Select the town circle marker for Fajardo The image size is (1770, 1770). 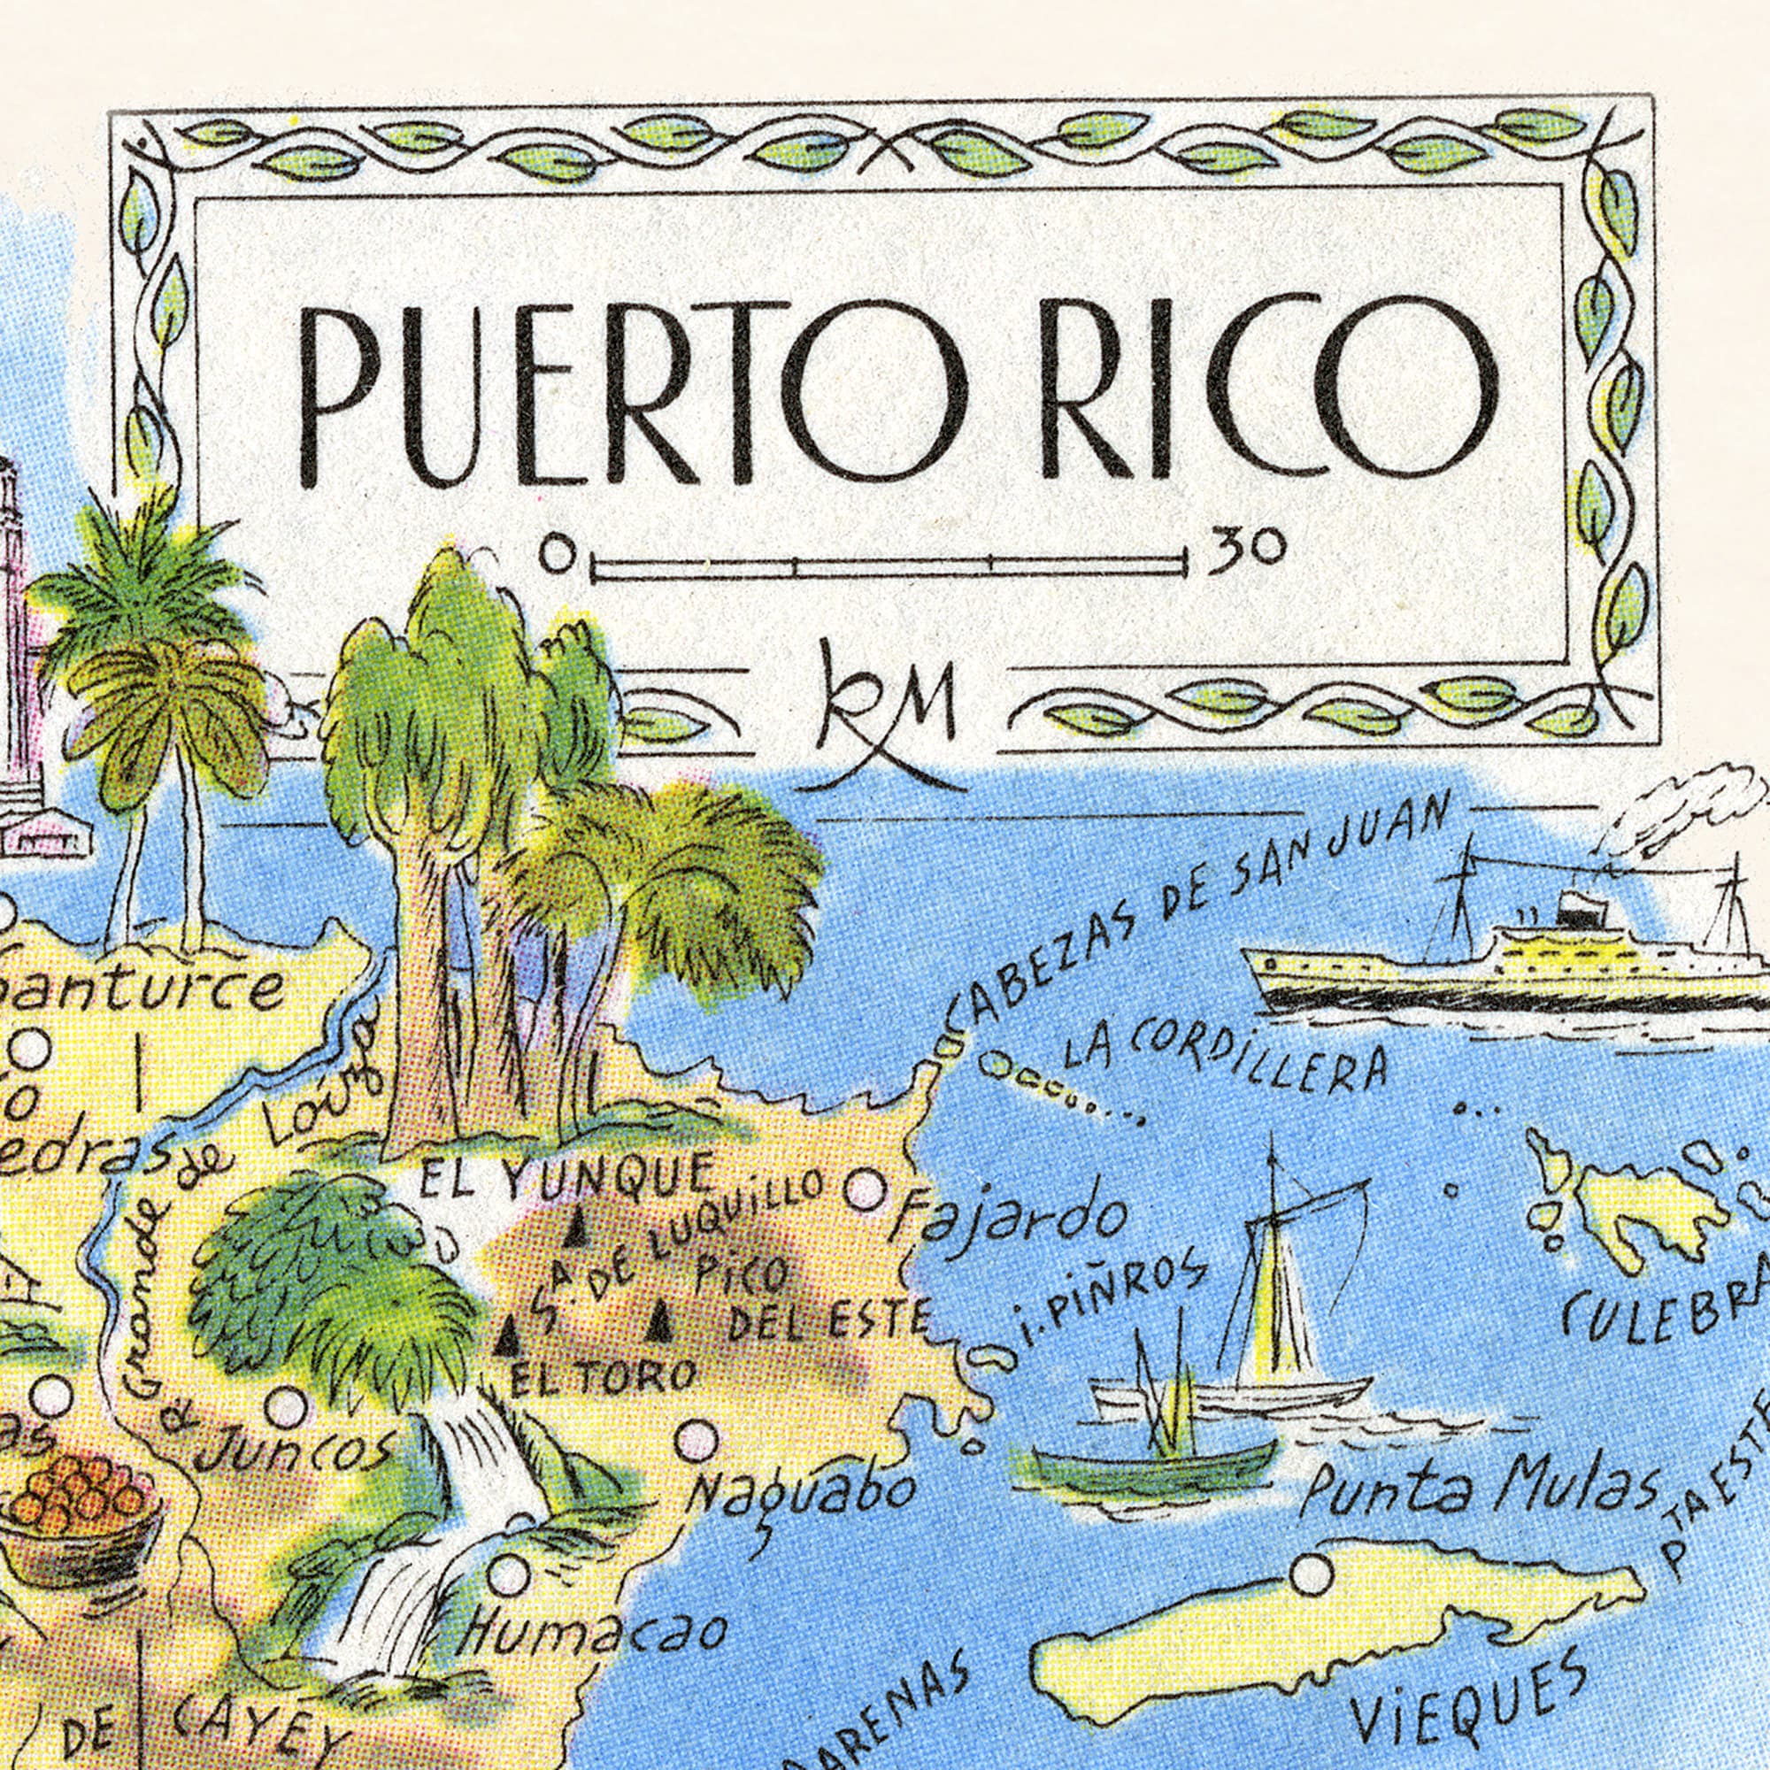point(864,1190)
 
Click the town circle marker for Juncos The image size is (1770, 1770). point(287,1407)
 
